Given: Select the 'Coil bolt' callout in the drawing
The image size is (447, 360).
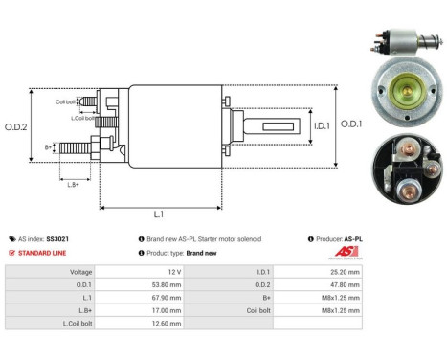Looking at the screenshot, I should click(x=66, y=101).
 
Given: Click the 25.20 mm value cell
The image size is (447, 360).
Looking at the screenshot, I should click(x=341, y=271).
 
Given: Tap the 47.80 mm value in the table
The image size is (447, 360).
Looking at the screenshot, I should click(x=341, y=284).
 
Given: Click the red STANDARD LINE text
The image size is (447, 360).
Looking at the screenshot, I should click(x=39, y=253).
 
